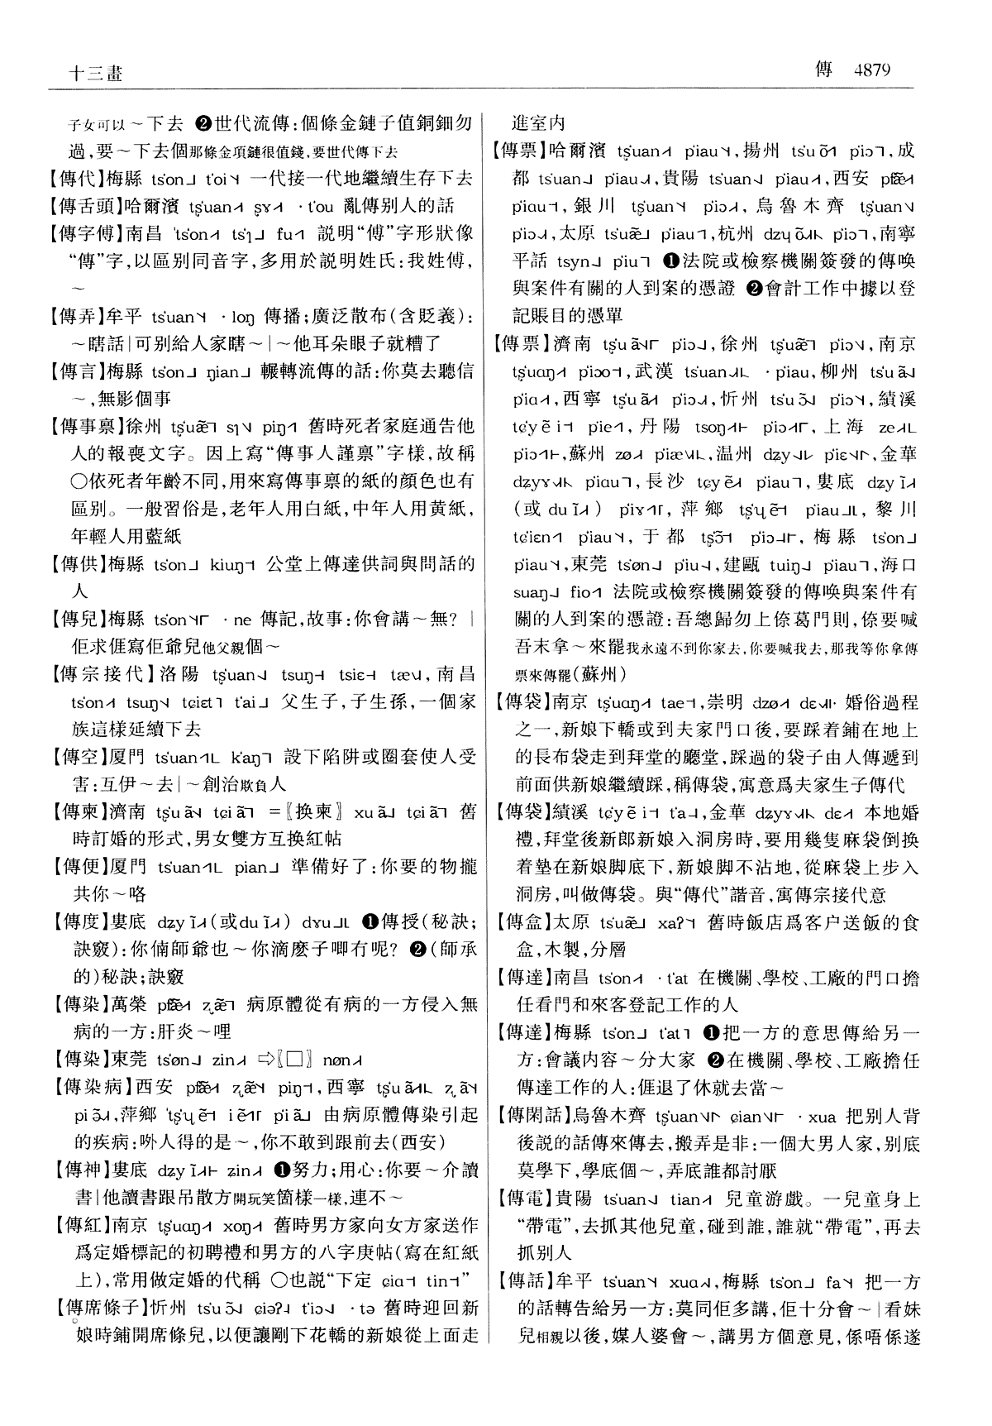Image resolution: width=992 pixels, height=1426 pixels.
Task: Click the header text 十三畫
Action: [x=94, y=73]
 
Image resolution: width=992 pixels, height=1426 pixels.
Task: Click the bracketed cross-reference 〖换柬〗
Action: [x=308, y=811]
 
